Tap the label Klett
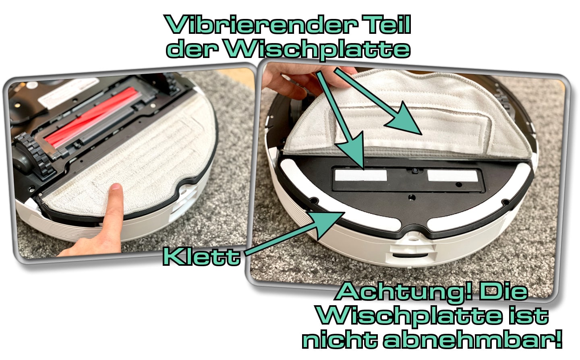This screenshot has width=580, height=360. coord(201,257)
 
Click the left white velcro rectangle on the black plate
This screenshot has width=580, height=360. coord(360,175)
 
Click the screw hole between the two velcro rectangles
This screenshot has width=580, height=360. coord(414,172)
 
